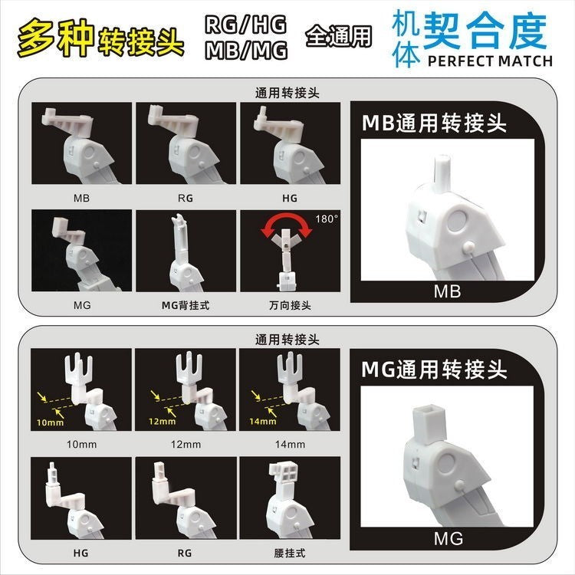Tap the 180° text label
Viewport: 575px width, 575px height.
(x=327, y=219)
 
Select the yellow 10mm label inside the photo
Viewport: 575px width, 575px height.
(x=51, y=422)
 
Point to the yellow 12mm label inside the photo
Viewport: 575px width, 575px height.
(x=162, y=422)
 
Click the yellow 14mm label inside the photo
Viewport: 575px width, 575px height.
(x=262, y=422)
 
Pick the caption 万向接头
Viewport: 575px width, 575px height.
(x=290, y=305)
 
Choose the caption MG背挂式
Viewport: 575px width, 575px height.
(x=186, y=305)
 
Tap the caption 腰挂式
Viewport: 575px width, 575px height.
(x=289, y=553)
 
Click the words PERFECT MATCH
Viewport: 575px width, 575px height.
(x=490, y=61)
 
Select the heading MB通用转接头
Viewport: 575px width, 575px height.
(x=434, y=123)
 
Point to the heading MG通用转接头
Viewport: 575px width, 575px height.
(x=434, y=370)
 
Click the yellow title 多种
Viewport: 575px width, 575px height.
(x=56, y=38)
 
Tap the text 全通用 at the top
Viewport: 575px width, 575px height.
(x=338, y=36)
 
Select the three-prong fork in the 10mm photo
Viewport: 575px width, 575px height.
(x=79, y=370)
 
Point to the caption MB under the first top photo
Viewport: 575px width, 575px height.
(x=81, y=198)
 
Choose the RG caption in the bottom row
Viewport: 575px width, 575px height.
(x=185, y=553)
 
